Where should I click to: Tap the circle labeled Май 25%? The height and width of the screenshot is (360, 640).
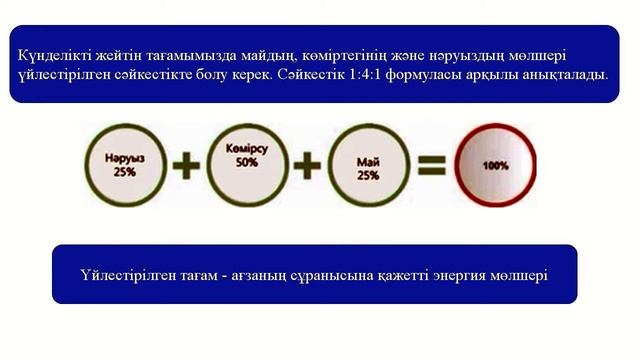pyautogui.click(x=367, y=166)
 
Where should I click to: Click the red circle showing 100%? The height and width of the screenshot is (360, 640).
pyautogui.click(x=494, y=164)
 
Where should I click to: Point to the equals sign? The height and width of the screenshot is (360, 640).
pyautogui.click(x=430, y=165)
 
